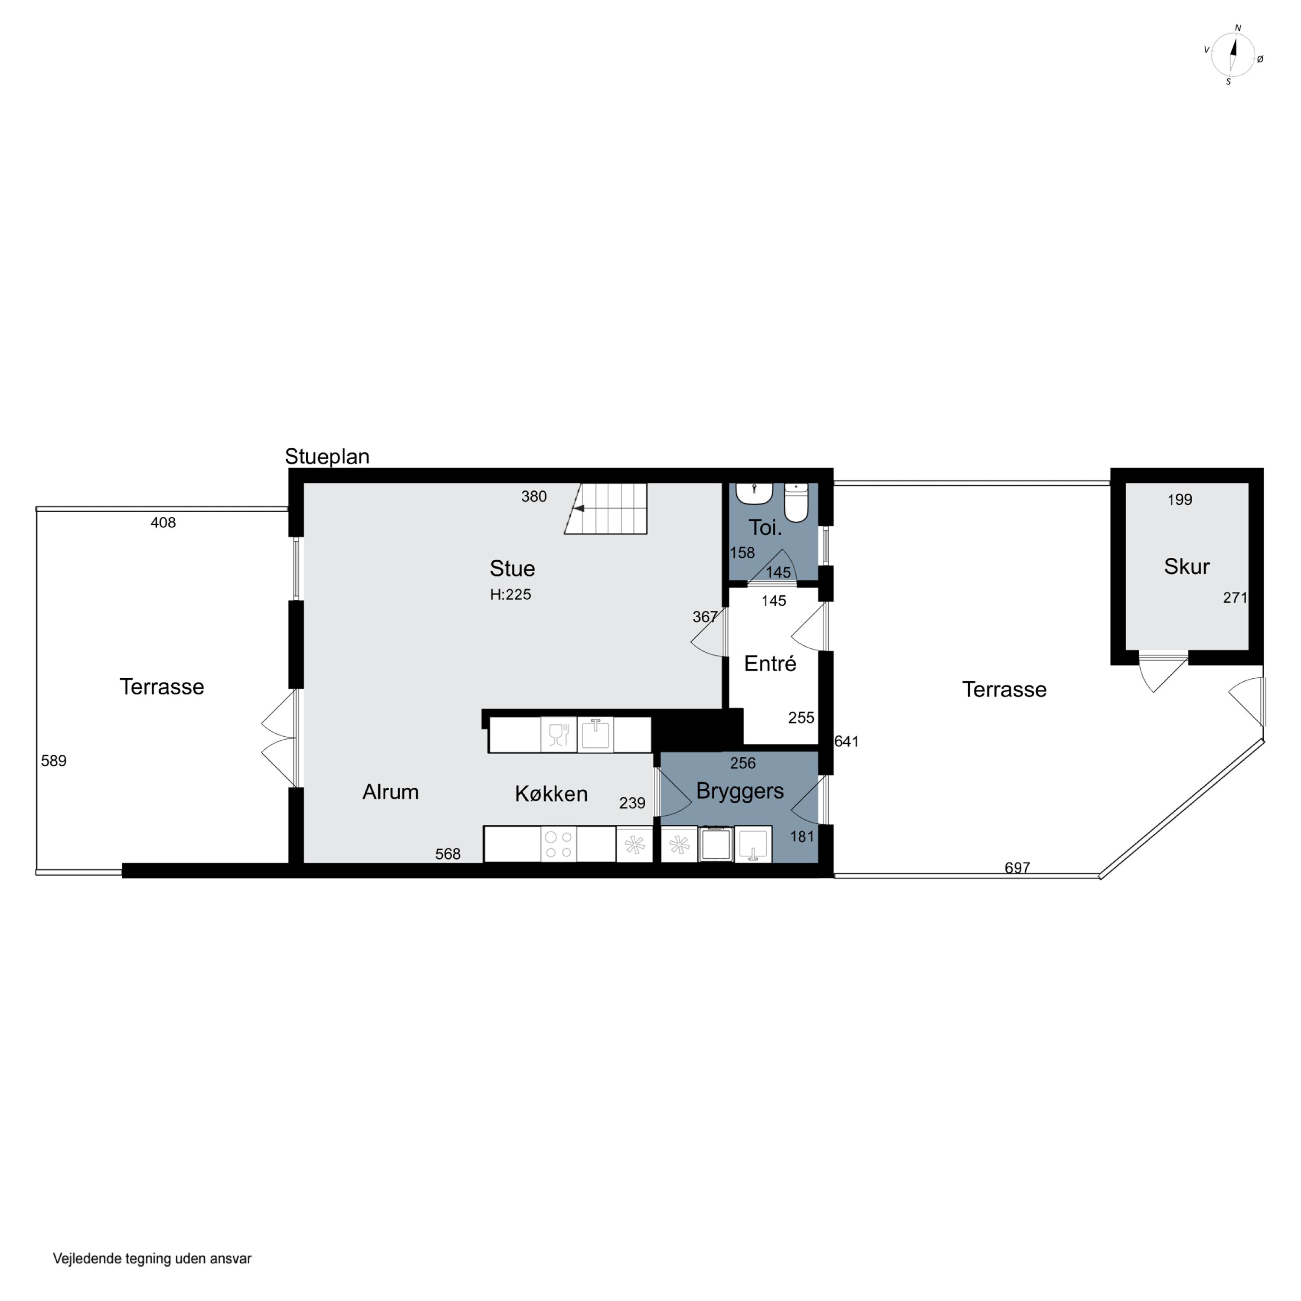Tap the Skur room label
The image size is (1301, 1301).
click(1187, 566)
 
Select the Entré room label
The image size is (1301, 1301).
click(770, 664)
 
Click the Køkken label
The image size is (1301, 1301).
click(551, 794)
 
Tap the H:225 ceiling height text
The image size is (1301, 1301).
click(510, 595)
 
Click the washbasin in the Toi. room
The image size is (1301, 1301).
click(754, 494)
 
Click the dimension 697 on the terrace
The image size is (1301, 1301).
click(1017, 868)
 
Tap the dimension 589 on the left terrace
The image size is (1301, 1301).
click(54, 761)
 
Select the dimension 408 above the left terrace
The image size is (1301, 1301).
click(163, 523)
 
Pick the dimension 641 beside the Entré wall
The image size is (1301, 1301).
click(847, 742)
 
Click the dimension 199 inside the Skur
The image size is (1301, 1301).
click(1180, 500)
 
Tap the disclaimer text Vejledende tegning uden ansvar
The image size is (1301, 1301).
click(152, 1258)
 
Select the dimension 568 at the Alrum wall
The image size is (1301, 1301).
click(448, 854)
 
